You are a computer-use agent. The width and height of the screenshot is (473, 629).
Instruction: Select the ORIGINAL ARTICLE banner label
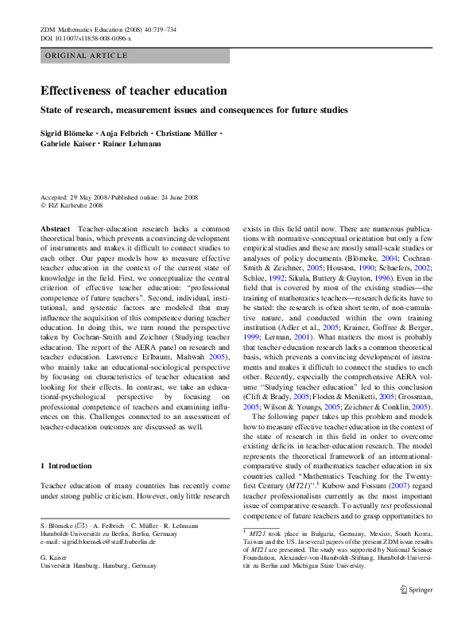pyautogui.click(x=87, y=56)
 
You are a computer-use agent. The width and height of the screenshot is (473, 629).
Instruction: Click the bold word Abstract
pyautogui.click(x=55, y=228)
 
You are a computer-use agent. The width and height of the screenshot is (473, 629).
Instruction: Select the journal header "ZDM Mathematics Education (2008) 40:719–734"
pyautogui.click(x=108, y=29)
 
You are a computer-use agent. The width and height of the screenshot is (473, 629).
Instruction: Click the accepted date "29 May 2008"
pyautogui.click(x=87, y=196)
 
